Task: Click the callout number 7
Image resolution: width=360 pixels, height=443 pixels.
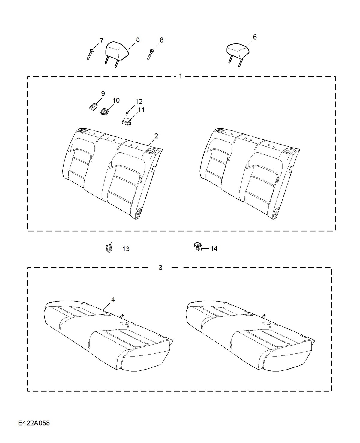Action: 101,40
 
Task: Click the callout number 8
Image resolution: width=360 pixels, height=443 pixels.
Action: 162,40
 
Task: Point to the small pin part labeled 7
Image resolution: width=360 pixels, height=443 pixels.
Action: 90,55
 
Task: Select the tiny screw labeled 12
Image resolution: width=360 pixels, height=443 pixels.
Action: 127,113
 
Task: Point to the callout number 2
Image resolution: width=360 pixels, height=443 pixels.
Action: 156,136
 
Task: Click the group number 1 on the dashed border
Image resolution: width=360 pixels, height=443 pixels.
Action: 180,76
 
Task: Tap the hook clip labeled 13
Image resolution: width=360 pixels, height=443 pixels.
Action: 109,247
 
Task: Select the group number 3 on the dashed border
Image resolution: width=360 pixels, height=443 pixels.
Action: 160,268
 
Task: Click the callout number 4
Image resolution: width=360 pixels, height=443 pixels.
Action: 113,300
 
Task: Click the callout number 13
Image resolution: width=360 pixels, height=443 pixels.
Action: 126,249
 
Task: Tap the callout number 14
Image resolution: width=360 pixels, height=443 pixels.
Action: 214,248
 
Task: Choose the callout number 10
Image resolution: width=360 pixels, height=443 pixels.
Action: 116,100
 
